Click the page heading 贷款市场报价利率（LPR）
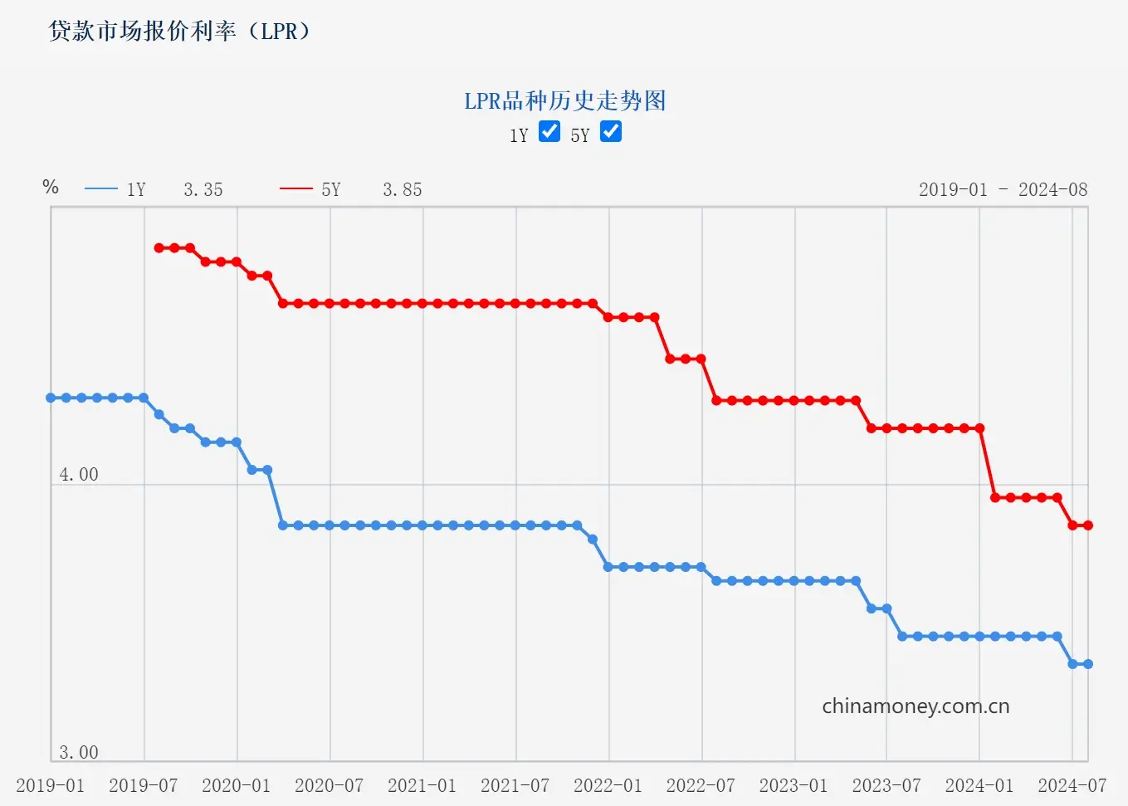click(x=179, y=32)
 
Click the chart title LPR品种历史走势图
click(x=564, y=101)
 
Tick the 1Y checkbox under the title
click(x=549, y=131)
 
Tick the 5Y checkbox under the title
click(x=611, y=131)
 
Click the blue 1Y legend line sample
click(x=101, y=189)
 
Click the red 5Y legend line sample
click(x=296, y=189)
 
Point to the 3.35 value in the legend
click(x=203, y=190)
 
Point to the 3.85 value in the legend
click(x=403, y=190)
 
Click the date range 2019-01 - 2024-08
click(x=1003, y=190)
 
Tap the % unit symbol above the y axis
click(x=51, y=187)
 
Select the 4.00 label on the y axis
click(x=79, y=475)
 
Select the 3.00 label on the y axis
click(x=79, y=753)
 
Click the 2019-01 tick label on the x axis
click(x=51, y=785)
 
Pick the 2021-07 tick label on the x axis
click(x=515, y=785)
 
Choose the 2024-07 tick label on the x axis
click(x=1072, y=785)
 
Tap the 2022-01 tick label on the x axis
click(x=608, y=785)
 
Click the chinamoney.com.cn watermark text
click(x=916, y=706)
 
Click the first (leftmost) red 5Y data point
click(x=159, y=248)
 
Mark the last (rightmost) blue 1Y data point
click(x=1088, y=664)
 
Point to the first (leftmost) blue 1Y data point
click(x=51, y=398)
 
